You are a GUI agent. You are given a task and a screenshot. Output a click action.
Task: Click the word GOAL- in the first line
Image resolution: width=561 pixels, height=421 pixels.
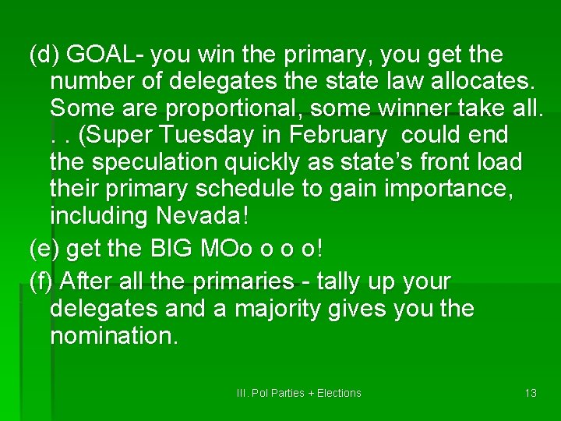pos(106,55)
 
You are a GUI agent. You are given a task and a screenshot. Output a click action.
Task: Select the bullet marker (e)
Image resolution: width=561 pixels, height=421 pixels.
pos(44,249)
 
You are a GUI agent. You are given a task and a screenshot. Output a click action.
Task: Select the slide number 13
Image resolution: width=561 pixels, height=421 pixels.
pos(531,393)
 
